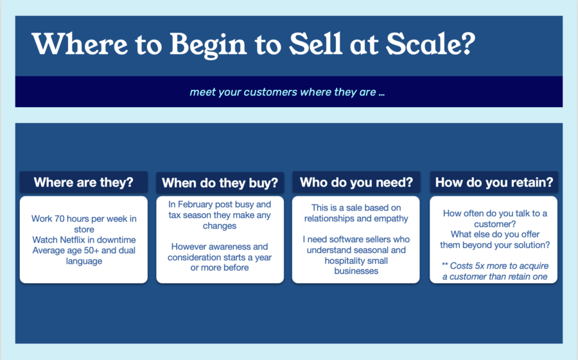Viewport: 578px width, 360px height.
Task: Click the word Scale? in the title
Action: point(430,44)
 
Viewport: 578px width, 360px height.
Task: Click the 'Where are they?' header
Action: point(83,182)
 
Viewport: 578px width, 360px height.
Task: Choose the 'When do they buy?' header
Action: point(220,183)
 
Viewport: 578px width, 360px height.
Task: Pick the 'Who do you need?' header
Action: point(356,182)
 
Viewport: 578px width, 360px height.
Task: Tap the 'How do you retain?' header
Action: point(494,182)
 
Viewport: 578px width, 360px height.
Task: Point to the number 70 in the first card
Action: point(59,219)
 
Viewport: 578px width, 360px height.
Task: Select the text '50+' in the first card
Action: point(91,250)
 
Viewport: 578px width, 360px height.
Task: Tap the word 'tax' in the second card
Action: point(174,215)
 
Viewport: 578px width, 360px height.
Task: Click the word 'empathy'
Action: point(391,219)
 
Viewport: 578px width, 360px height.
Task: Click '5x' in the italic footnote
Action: point(480,266)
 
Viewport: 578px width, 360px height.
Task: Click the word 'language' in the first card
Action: point(84,262)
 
